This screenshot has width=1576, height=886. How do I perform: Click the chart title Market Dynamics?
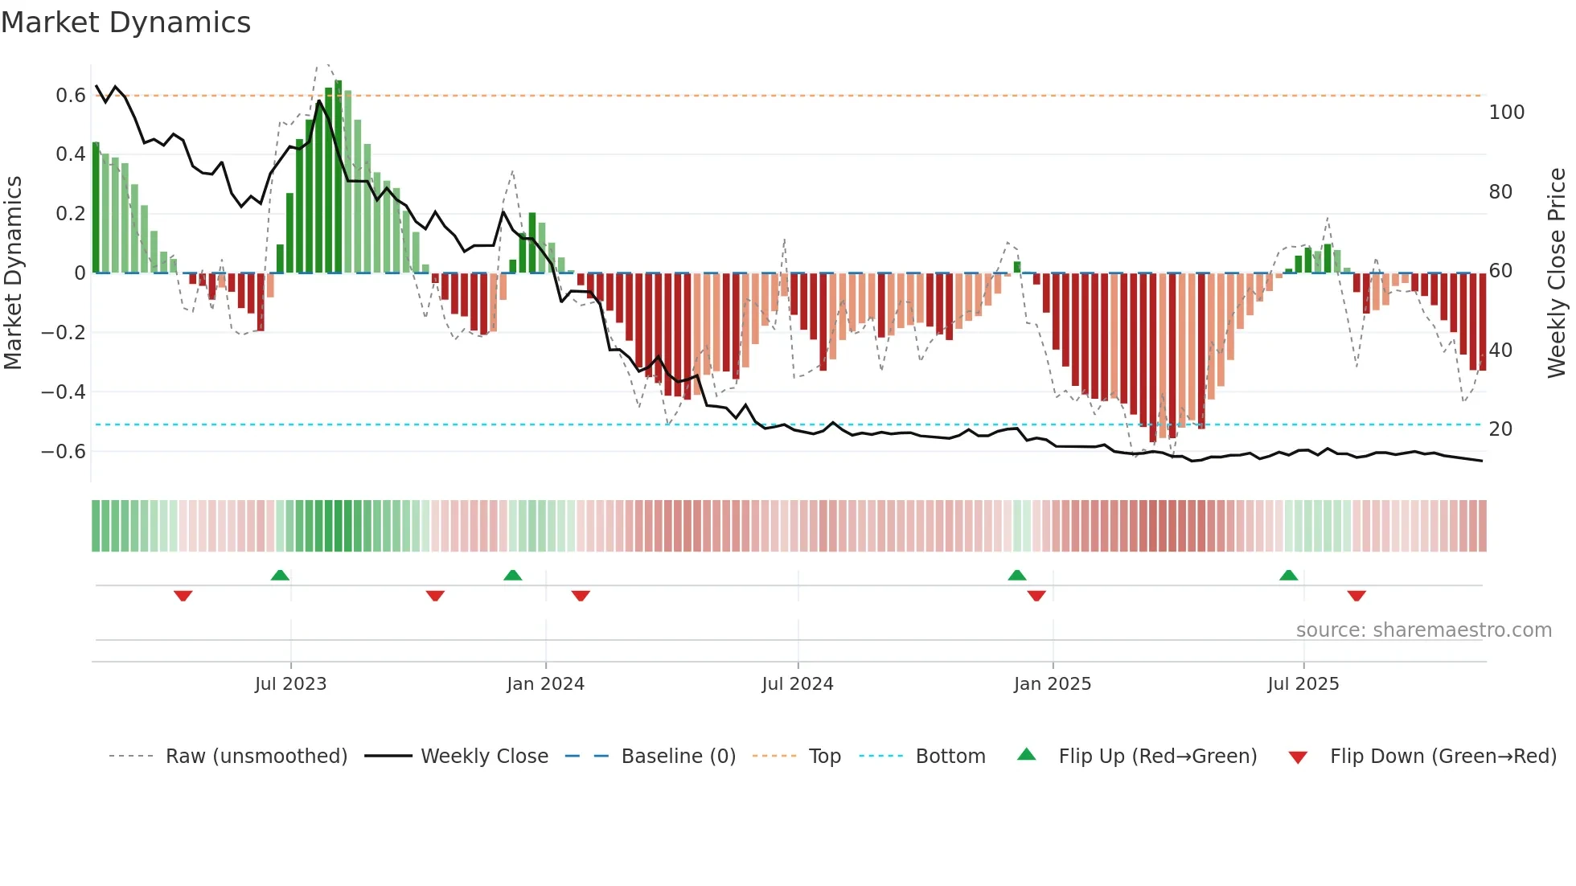(126, 23)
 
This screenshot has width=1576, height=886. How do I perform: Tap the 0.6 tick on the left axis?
(71, 96)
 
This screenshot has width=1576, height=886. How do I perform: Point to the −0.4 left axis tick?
(64, 392)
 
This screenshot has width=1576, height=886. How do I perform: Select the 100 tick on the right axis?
(1506, 113)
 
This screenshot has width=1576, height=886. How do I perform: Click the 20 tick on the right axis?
(1500, 429)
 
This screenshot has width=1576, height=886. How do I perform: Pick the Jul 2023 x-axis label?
(290, 684)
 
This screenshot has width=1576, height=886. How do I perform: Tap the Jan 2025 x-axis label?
(1052, 684)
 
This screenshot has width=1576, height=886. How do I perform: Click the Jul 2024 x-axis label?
(797, 684)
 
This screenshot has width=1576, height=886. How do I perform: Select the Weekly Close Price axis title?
(1557, 273)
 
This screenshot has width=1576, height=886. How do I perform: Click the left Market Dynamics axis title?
(13, 273)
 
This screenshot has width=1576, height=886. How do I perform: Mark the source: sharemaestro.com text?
(1423, 630)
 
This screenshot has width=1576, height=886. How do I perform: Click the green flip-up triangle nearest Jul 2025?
(1288, 576)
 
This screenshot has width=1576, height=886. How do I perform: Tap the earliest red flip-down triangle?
(183, 596)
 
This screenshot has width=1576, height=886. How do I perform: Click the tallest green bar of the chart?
(339, 177)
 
